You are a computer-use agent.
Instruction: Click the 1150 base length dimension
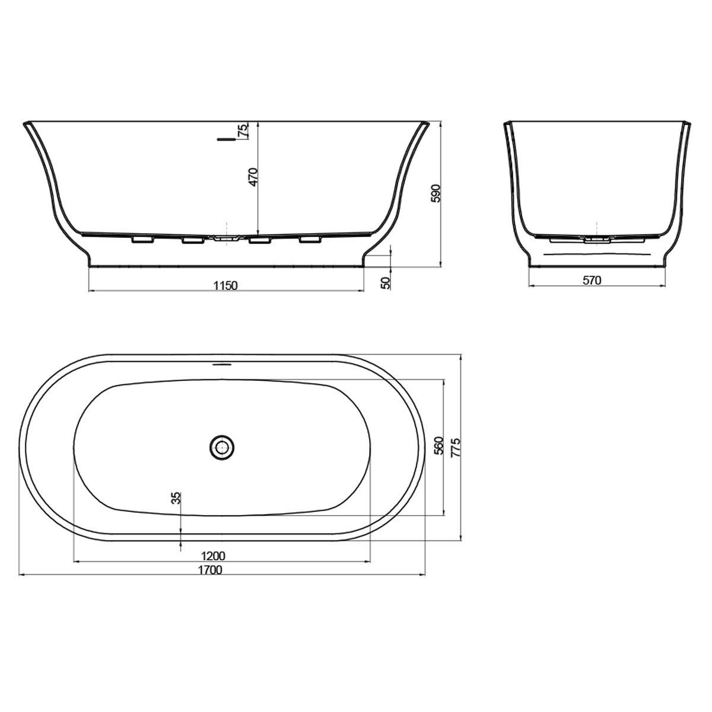(225, 285)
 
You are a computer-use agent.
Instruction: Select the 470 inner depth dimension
(253, 177)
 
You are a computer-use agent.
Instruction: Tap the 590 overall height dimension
(436, 193)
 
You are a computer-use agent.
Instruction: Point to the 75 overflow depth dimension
(243, 131)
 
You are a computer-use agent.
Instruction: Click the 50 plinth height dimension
(385, 283)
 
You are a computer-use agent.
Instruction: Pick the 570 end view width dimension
(592, 281)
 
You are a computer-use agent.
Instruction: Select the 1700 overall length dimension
(210, 570)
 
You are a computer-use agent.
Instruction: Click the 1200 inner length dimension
(213, 556)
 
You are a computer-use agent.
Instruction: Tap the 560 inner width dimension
(438, 446)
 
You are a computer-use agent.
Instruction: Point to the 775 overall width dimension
(456, 448)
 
